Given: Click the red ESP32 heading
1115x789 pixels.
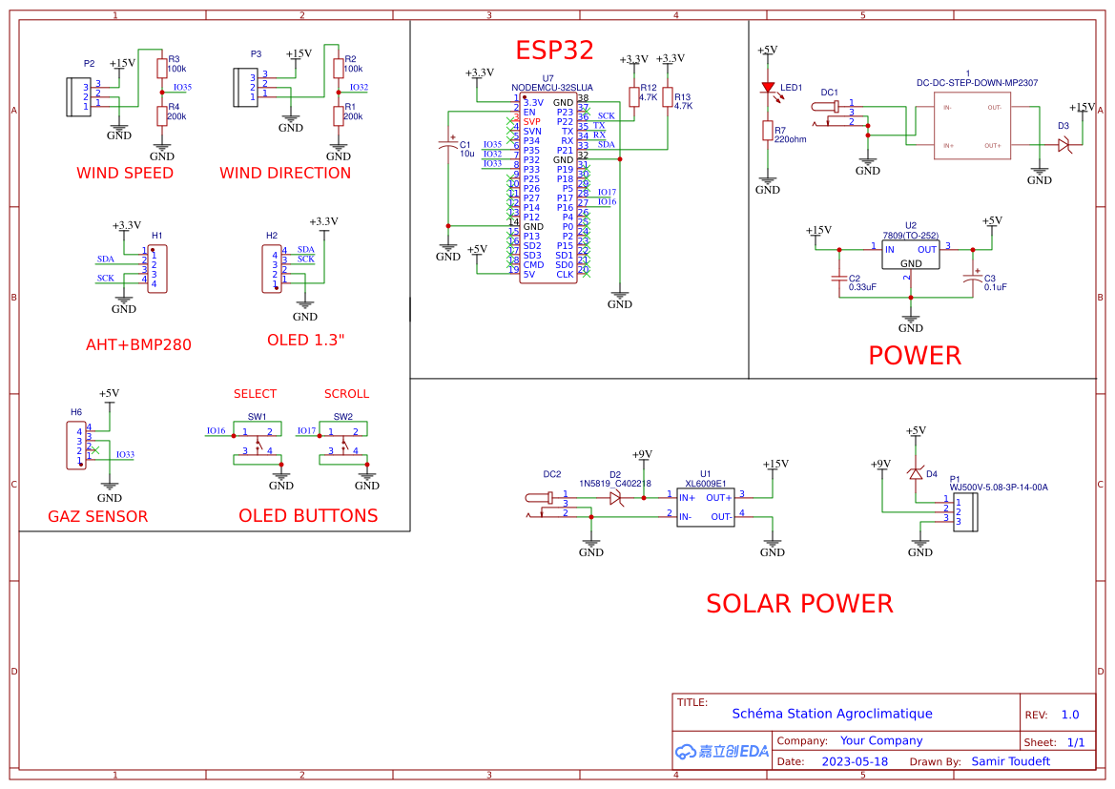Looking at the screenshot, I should [x=554, y=51].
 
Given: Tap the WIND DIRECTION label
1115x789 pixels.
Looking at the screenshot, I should [x=285, y=173].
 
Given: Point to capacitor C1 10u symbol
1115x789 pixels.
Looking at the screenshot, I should [x=448, y=146].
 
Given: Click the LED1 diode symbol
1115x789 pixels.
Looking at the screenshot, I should [x=768, y=88].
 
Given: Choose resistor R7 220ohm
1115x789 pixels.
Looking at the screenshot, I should [x=768, y=131].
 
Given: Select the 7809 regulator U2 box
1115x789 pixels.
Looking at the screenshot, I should [x=911, y=255].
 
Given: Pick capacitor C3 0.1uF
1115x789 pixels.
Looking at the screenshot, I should [x=973, y=278].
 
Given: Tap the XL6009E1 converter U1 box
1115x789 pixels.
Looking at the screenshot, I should [x=705, y=507].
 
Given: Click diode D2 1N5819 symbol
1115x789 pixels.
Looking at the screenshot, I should [x=616, y=497].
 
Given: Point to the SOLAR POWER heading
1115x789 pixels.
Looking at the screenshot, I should [x=799, y=604].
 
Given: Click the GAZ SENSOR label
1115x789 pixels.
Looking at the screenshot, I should [x=98, y=517].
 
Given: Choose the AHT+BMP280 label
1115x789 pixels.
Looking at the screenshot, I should [x=138, y=344].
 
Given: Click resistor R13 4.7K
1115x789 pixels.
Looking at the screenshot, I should [x=668, y=99].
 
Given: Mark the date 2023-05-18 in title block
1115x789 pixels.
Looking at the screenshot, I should [x=855, y=761].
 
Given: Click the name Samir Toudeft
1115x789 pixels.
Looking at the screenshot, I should [x=1010, y=761].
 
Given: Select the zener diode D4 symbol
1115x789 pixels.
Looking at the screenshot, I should [x=916, y=474].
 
